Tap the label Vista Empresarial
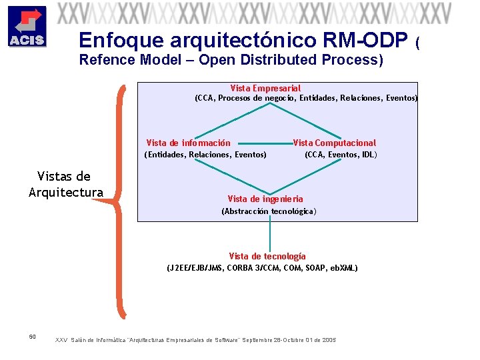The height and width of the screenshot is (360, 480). point(265,88)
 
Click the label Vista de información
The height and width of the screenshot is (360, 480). point(189,143)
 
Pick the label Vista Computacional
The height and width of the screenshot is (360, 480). point(335,143)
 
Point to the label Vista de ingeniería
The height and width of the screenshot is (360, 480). point(265,199)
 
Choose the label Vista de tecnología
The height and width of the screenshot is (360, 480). point(267,256)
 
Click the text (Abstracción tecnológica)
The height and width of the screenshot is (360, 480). point(269,211)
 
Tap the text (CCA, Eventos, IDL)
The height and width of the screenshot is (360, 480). point(341,155)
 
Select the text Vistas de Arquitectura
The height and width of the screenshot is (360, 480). point(65,185)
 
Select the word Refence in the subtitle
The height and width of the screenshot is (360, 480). point(107,60)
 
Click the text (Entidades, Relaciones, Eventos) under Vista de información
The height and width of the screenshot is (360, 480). point(205,155)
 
